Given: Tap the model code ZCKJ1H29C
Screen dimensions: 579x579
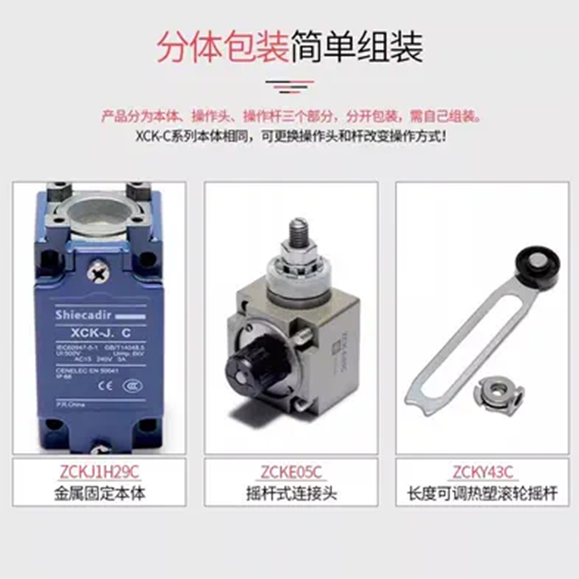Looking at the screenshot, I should (98, 473).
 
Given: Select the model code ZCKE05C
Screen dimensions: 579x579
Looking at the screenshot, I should (291, 473).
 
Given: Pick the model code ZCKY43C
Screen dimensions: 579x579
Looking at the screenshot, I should (482, 473).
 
